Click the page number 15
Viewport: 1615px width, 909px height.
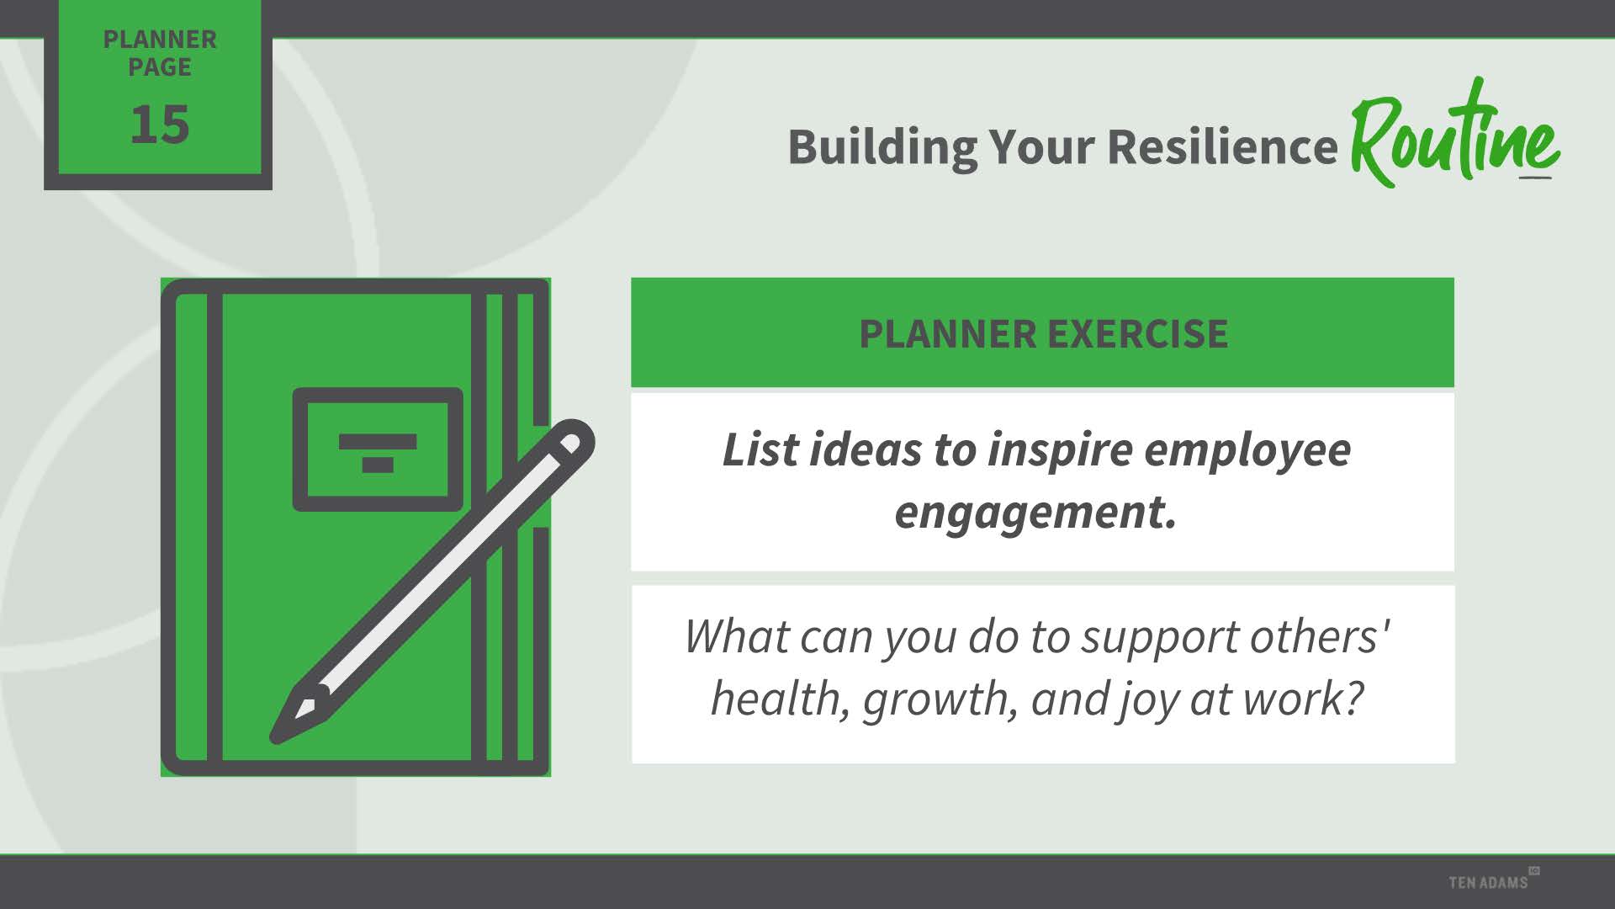point(159,125)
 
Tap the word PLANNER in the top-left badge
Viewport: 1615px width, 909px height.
point(160,40)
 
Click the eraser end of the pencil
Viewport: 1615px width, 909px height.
point(574,439)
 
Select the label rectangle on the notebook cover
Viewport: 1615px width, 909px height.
point(378,449)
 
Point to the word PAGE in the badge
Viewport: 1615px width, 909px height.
point(160,67)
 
